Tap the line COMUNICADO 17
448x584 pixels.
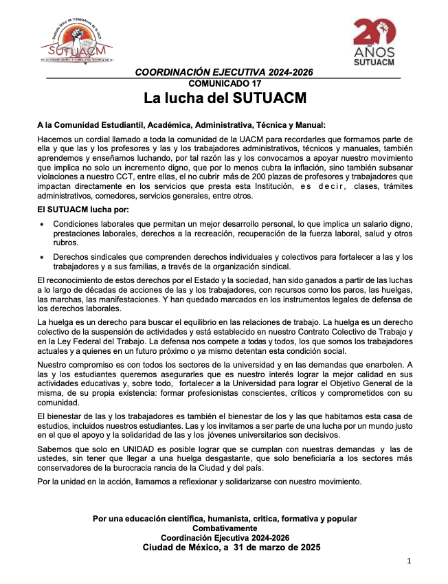pos(223,82)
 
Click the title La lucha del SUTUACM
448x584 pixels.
pos(224,98)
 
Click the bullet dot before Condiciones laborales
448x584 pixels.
pos(43,225)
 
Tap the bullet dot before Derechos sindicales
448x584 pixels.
pos(43,257)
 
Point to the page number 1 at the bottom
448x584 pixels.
pos(408,561)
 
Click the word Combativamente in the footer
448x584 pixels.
pos(224,528)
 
